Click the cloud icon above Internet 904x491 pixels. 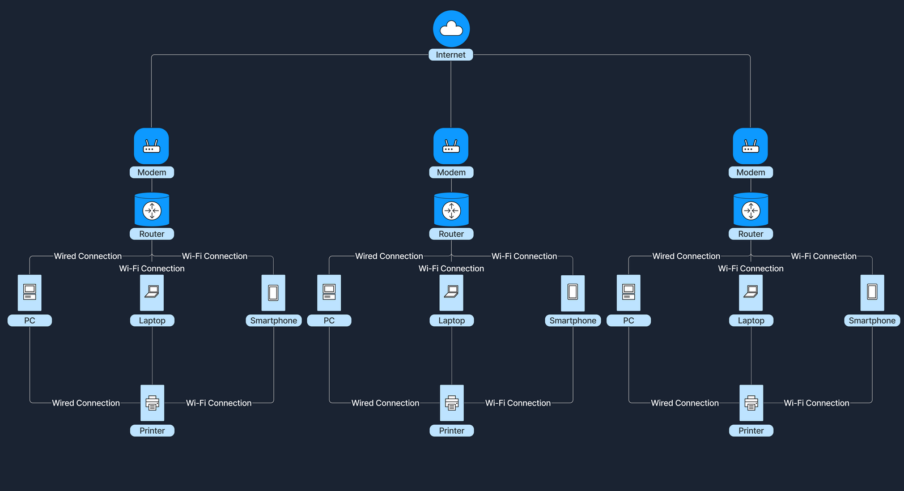pos(451,28)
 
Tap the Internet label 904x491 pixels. pos(451,55)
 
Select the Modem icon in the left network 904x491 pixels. pos(151,146)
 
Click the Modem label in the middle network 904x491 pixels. pos(451,172)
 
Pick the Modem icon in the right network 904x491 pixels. pos(750,146)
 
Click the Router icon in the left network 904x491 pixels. pos(152,210)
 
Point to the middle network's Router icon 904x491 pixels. pos(451,210)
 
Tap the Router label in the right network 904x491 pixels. pos(750,234)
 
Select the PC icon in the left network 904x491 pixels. pos(29,292)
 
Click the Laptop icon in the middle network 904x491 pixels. pos(451,292)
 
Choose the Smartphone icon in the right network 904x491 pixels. pos(872,292)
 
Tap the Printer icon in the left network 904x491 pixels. pos(152,403)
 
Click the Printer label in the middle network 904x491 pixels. pos(451,430)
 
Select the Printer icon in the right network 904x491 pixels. pos(751,403)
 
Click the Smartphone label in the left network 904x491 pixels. pos(273,321)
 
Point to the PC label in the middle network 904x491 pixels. pos(329,321)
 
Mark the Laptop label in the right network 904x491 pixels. pos(751,321)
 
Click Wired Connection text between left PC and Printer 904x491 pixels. pos(86,403)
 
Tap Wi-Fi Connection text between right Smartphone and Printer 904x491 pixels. pos(816,403)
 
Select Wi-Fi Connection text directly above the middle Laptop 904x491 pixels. pos(451,268)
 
